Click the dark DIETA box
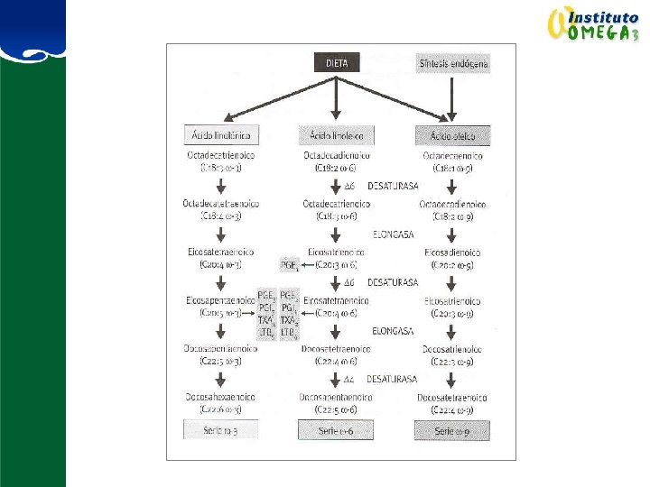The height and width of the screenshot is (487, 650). click(336, 63)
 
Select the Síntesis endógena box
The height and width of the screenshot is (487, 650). click(453, 64)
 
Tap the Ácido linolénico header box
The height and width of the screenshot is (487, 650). click(220, 135)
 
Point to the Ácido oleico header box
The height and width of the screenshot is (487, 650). click(452, 135)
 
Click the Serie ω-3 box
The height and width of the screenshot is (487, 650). click(220, 429)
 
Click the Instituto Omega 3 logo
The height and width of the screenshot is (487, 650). click(594, 24)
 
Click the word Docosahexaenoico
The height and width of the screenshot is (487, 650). click(220, 397)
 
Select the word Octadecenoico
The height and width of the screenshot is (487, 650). click(452, 156)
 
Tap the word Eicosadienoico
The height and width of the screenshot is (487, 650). click(452, 252)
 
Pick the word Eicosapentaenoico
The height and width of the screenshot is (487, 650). click(220, 300)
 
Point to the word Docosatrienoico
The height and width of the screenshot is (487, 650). click(452, 349)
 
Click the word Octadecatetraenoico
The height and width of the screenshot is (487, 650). click(220, 204)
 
